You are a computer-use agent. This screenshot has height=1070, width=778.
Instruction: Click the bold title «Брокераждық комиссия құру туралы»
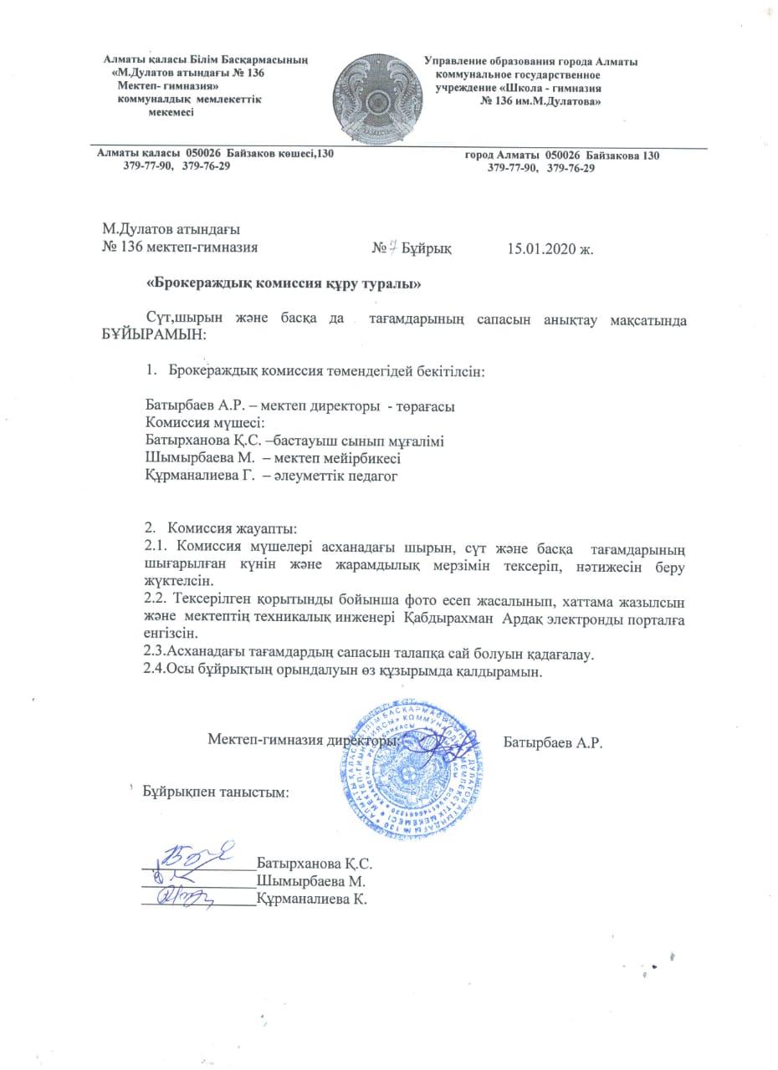pos(283,284)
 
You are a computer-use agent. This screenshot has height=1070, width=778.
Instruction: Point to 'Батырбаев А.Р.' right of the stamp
pos(554,743)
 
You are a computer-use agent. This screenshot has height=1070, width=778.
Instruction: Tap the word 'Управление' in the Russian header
pos(458,62)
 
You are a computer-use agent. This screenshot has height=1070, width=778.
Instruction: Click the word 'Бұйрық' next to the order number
pos(427,248)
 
